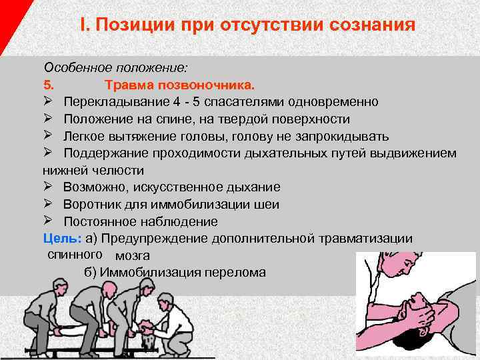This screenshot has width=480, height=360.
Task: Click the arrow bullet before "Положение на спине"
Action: click(49, 119)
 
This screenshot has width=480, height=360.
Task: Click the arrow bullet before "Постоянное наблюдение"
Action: click(49, 221)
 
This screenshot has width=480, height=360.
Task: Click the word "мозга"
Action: click(132, 255)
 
